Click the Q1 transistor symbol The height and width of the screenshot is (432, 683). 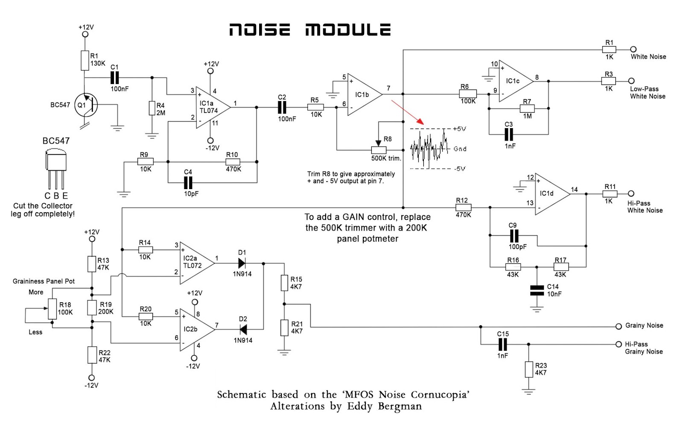(86, 105)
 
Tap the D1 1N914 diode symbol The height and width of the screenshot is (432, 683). (242, 263)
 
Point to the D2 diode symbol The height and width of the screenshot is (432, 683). (243, 330)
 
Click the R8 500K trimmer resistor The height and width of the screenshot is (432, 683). (379, 150)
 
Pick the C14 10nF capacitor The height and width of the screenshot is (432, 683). (537, 290)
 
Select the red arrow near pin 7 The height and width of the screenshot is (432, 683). (408, 112)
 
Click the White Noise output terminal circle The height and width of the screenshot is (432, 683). (633, 50)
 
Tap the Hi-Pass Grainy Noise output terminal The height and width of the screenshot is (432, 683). (619, 344)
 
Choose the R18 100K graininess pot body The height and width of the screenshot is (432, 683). (52, 309)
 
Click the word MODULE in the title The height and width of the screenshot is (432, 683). (348, 30)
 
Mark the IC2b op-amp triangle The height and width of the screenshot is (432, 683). (194, 330)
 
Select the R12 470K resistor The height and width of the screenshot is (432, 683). (464, 207)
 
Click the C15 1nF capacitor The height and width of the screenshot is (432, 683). (503, 344)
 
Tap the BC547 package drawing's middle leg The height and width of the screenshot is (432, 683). (56, 179)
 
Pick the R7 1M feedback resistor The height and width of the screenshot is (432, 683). (527, 108)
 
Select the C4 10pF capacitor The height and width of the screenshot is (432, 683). (188, 183)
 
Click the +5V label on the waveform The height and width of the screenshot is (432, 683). (459, 129)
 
